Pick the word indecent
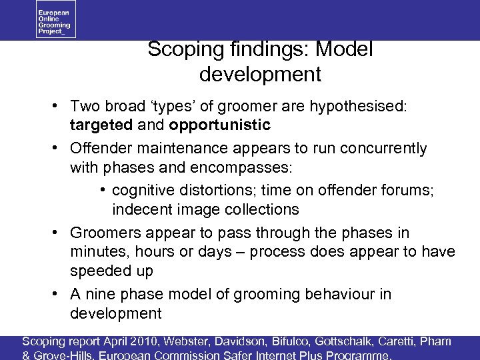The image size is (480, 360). [x=142, y=209]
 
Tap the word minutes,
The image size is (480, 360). [x=99, y=252]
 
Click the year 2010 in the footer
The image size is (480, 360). [x=148, y=342]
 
